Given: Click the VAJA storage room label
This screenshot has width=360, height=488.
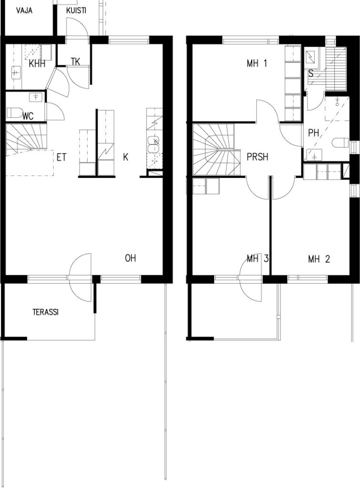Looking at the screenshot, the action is click(24, 10).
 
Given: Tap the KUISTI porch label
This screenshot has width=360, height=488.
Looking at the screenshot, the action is click(76, 10).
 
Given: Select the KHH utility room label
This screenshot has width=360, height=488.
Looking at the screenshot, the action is click(37, 64).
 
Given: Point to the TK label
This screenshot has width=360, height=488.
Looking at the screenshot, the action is click(75, 61).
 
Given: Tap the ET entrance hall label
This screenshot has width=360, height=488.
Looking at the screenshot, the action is click(62, 157).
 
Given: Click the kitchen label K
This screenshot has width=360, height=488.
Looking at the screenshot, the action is click(125, 157).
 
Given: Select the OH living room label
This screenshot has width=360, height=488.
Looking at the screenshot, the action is click(131, 258).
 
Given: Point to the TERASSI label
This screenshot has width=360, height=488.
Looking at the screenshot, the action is click(45, 312).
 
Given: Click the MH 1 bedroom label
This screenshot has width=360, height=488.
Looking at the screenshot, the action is click(257, 64).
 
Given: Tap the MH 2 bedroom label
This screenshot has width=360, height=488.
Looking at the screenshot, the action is click(319, 259).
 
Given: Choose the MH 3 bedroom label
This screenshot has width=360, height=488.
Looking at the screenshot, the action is click(257, 259).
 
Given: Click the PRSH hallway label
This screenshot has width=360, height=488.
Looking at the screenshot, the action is click(257, 157).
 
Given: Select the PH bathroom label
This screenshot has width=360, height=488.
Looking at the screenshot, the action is click(314, 133).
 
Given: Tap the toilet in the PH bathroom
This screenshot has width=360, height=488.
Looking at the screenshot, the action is click(340, 143).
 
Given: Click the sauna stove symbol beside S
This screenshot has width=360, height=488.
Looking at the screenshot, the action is click(311, 58).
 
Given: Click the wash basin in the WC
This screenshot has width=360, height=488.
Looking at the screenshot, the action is click(36, 97).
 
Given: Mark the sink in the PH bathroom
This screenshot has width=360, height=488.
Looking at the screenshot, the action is click(314, 155).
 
